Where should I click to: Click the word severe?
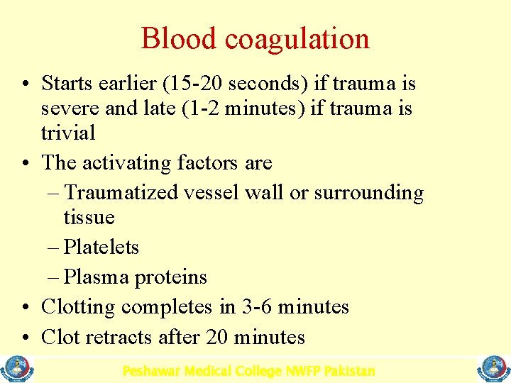point(71,109)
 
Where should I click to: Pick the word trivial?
point(68,133)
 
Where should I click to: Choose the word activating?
point(126,163)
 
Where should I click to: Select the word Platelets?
point(101,248)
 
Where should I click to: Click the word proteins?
point(170,277)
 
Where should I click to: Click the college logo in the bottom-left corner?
point(13,370)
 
